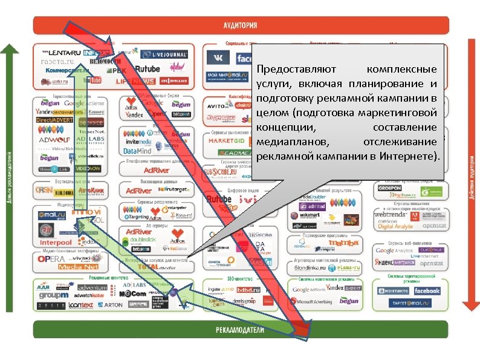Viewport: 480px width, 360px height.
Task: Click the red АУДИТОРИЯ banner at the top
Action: point(240,25)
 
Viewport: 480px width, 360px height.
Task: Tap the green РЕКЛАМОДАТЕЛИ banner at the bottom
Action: point(240,330)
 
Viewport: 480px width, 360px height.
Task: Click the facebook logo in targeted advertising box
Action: point(427,291)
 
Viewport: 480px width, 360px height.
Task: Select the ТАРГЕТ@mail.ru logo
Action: point(410,304)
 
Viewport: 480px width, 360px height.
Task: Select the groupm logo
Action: point(54,296)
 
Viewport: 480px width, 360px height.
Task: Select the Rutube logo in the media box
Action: point(147,68)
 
